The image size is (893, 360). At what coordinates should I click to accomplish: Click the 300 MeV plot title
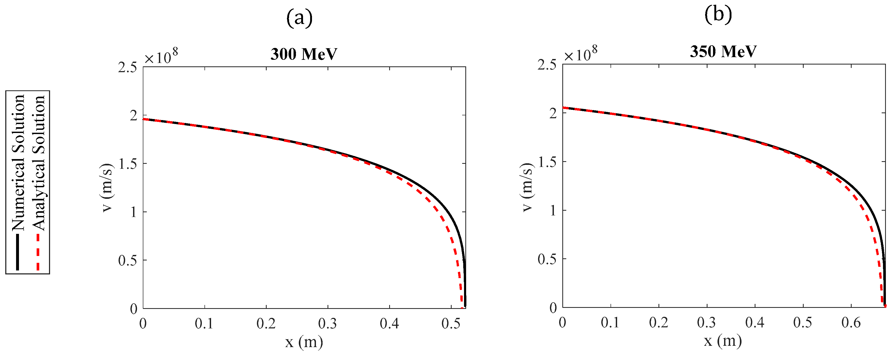click(x=304, y=54)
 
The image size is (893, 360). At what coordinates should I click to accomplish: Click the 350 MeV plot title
click(x=723, y=52)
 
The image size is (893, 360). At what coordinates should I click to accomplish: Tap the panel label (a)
click(x=299, y=18)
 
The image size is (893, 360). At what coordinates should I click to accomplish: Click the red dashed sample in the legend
click(x=38, y=252)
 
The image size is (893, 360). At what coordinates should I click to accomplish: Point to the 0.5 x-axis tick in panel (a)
click(x=451, y=324)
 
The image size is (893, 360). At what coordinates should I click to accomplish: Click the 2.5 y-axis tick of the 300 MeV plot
click(x=128, y=67)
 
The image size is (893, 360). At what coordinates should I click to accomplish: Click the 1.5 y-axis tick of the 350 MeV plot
click(x=547, y=162)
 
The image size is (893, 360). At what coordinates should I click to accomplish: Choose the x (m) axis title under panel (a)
click(x=304, y=342)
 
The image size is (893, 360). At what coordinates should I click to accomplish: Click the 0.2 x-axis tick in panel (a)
click(x=266, y=324)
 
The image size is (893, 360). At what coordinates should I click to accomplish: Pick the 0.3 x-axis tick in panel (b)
click(x=706, y=323)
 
